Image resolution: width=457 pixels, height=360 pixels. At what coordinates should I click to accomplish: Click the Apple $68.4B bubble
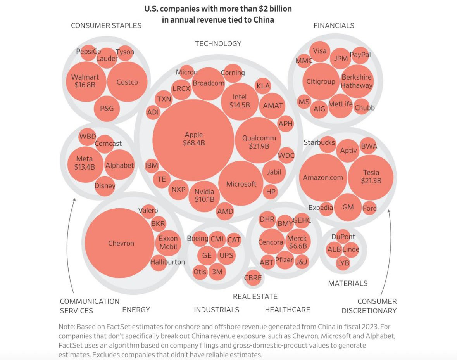(x=193, y=139)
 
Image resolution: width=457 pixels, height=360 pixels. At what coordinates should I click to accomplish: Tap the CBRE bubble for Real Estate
(x=253, y=278)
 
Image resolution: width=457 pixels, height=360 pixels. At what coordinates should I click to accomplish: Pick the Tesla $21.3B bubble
(x=371, y=177)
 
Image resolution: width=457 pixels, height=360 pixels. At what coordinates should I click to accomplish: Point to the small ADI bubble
(x=153, y=112)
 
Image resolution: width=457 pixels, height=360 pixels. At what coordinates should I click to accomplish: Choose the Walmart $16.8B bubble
(x=85, y=81)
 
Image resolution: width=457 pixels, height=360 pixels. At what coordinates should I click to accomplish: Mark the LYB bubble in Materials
(x=343, y=263)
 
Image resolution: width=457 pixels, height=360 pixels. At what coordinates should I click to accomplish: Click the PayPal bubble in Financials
(x=360, y=55)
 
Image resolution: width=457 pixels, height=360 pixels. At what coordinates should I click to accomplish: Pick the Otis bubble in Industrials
(x=200, y=272)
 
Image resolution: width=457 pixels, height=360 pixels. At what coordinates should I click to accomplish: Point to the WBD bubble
(x=88, y=137)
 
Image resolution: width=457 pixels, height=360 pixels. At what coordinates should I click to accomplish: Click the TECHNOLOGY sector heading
(x=218, y=43)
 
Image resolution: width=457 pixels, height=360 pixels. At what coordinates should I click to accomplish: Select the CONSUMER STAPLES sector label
(x=106, y=26)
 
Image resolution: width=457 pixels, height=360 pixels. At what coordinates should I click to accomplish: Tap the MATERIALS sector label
(x=348, y=283)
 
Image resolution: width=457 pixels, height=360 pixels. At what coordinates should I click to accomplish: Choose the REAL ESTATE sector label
(x=255, y=296)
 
